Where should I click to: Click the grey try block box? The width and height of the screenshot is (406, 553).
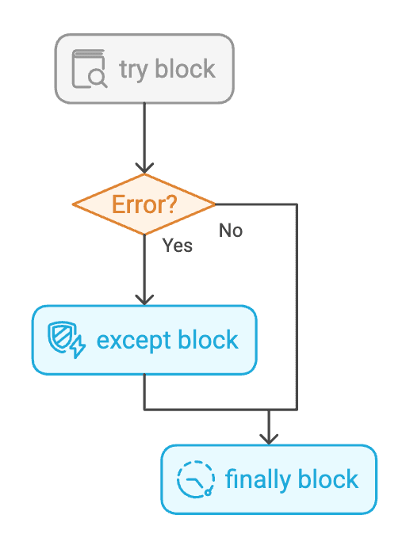144,68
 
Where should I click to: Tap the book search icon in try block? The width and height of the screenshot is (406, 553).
90,68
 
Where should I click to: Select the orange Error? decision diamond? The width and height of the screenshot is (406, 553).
144,204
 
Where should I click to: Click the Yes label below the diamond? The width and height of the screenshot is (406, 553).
178,246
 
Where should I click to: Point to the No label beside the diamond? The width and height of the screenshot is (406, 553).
231,231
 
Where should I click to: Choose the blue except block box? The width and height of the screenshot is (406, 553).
144,340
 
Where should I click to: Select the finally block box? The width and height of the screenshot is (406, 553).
269,479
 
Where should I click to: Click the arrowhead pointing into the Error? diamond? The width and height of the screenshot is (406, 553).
144,169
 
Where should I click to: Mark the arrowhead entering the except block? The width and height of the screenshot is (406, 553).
144,300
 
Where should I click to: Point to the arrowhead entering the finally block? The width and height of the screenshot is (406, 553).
269,439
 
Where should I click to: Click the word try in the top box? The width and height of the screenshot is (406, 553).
132,69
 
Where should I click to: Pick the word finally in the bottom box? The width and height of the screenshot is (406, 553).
253,479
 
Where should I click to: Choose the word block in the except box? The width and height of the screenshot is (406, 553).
208,340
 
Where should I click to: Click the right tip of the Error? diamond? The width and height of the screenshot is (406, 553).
214,204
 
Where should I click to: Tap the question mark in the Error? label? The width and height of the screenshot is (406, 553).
170,204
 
